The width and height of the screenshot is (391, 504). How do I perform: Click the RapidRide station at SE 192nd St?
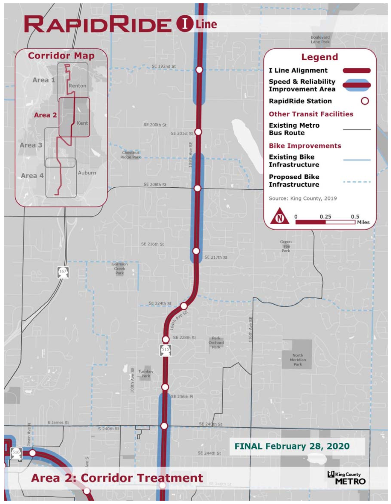(199, 70)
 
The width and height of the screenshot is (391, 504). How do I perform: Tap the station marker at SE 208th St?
(198, 188)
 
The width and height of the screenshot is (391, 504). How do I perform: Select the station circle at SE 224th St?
(184, 306)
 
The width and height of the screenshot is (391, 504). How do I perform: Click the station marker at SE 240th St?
(164, 426)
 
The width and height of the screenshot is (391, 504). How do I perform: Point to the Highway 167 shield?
(63, 272)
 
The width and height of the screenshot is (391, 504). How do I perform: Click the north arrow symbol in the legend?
(280, 216)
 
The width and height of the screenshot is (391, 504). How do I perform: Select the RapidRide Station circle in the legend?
(365, 101)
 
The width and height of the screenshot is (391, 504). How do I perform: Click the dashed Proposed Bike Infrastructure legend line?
(357, 182)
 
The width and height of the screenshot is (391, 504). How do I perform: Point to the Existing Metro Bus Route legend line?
(357, 129)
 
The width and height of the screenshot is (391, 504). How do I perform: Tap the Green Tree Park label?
(286, 246)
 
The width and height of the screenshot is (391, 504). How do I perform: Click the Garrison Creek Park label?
(120, 268)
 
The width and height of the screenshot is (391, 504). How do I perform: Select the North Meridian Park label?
(298, 360)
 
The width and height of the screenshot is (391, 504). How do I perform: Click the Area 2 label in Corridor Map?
(45, 115)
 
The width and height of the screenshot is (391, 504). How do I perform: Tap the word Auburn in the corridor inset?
(87, 173)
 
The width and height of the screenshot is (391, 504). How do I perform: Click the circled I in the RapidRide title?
(184, 24)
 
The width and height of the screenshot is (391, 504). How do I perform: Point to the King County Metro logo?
(346, 478)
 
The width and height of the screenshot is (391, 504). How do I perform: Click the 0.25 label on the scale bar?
(325, 217)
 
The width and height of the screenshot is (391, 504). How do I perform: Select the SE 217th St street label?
(216, 257)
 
